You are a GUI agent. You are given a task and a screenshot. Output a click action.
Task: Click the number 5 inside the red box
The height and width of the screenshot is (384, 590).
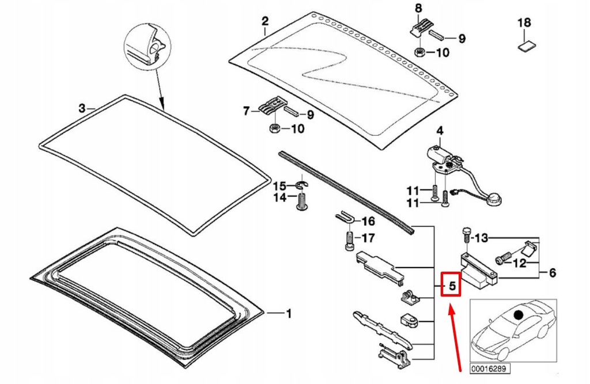coord(452,284)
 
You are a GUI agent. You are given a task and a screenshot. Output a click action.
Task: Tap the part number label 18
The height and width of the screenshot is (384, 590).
coord(523,24)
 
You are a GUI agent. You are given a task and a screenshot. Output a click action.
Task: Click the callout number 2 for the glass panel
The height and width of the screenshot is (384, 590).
coord(264,21)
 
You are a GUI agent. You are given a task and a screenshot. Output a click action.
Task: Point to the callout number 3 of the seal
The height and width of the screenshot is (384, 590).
coord(82,108)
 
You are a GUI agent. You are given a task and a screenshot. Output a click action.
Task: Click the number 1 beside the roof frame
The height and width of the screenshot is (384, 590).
coord(289,314)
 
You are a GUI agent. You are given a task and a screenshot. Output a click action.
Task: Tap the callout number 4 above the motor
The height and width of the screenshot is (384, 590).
coord(440,131)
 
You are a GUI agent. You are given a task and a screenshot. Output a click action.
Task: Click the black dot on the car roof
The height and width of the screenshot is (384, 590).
coord(519,315)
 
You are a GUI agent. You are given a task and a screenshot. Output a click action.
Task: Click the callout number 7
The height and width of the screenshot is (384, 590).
coord(247,111)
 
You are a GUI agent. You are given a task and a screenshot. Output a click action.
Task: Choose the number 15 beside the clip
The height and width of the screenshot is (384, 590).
coord(279,186)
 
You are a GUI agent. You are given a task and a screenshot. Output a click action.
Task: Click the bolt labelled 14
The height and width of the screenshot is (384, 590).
coord(301,202)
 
